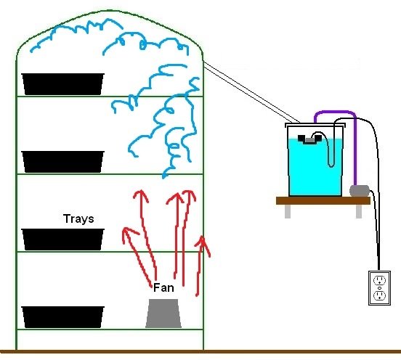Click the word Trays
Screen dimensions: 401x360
click(78, 219)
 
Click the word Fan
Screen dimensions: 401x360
click(163, 288)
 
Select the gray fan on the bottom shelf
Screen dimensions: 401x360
click(163, 314)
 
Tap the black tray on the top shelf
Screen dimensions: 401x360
click(63, 84)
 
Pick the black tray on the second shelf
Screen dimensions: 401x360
click(63, 162)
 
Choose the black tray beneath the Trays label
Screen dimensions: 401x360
click(63, 240)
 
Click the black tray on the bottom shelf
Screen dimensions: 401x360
click(63, 317)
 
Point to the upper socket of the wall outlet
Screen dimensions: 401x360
click(379, 280)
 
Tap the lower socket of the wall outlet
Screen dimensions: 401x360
click(379, 295)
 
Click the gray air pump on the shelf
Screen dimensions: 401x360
click(360, 191)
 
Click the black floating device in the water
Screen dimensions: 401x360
click(309, 139)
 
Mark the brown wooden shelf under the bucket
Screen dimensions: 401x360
click(323, 200)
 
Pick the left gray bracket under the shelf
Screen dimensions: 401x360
click(288, 211)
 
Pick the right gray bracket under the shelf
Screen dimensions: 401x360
click(359, 211)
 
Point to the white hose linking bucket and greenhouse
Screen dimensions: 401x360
click(251, 92)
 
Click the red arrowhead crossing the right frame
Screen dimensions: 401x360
click(203, 245)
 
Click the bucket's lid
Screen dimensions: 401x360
click(315, 125)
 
